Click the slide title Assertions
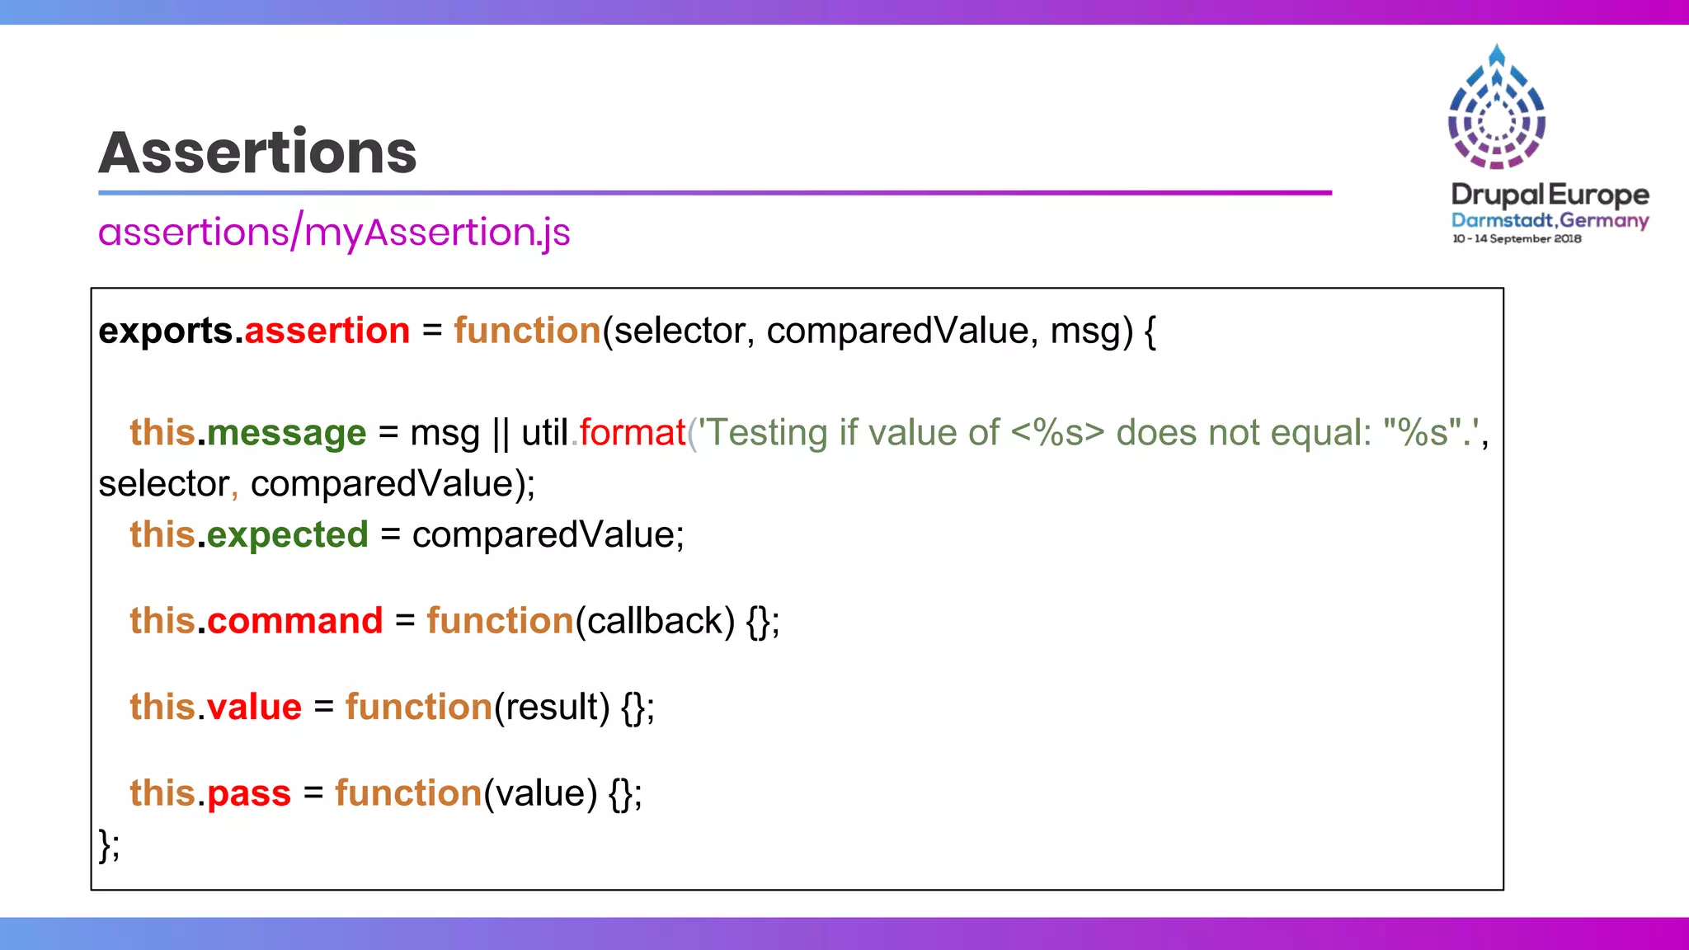(x=257, y=153)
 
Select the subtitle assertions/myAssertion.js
(x=334, y=233)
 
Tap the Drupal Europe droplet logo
(x=1497, y=107)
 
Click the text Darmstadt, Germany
(x=1550, y=220)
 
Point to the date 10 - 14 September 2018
(x=1517, y=239)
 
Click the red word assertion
(x=327, y=332)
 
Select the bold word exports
(x=166, y=332)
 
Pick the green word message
(x=286, y=434)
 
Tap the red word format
(x=632, y=434)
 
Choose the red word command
(x=294, y=621)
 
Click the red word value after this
(x=254, y=708)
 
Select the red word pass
(x=249, y=793)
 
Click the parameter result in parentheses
(x=552, y=708)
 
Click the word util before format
(x=544, y=434)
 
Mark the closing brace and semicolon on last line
(x=109, y=844)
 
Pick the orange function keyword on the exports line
(x=527, y=332)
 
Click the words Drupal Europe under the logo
(x=1550, y=195)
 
